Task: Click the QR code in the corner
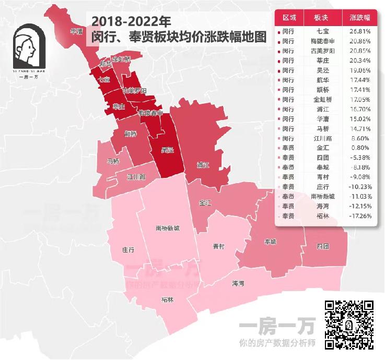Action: (349, 325)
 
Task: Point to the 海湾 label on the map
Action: (238, 283)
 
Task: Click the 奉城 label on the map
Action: (270, 242)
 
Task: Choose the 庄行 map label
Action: (129, 250)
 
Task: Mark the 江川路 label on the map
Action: (136, 177)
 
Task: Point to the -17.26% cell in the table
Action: (359, 215)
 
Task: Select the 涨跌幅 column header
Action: (360, 17)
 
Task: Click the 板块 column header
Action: (323, 17)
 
